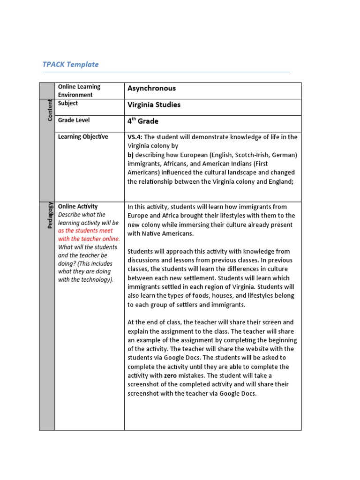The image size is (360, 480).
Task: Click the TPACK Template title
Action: pyautogui.click(x=71, y=64)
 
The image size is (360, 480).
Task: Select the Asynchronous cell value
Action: pyautogui.click(x=151, y=88)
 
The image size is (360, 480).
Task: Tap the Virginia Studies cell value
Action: pyautogui.click(x=154, y=105)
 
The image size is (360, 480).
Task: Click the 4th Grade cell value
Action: pyautogui.click(x=143, y=121)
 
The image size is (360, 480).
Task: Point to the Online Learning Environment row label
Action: pyautogui.click(x=79, y=90)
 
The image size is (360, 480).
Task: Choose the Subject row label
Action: pyautogui.click(x=68, y=103)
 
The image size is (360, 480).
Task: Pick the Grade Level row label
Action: pyautogui.click(x=74, y=120)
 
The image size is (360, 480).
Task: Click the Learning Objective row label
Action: pyautogui.click(x=83, y=136)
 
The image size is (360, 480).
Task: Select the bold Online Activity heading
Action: pyautogui.click(x=78, y=206)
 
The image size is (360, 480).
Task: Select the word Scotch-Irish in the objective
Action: pyautogui.click(x=249, y=155)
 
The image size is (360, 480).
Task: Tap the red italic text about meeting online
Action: pyautogui.click(x=89, y=235)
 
